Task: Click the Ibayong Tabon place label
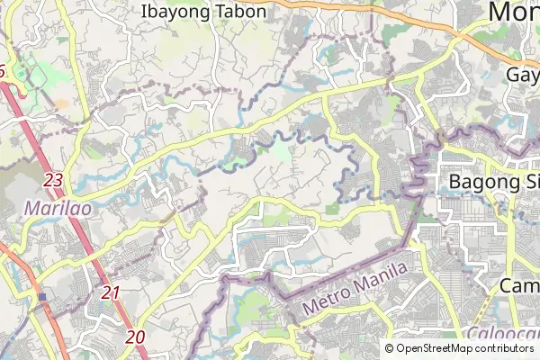[x=204, y=12]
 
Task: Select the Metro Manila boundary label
[x=355, y=287]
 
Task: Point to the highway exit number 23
[x=53, y=181]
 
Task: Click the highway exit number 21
[x=111, y=292]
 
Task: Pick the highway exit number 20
[x=136, y=337]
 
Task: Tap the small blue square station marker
[x=42, y=296]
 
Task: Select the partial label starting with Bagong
[x=493, y=182]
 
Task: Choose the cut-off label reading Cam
[x=519, y=285]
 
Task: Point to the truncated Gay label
[x=523, y=74]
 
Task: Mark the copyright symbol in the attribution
[x=390, y=348]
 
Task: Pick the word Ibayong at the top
[x=175, y=12]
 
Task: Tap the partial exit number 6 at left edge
[x=3, y=70]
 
